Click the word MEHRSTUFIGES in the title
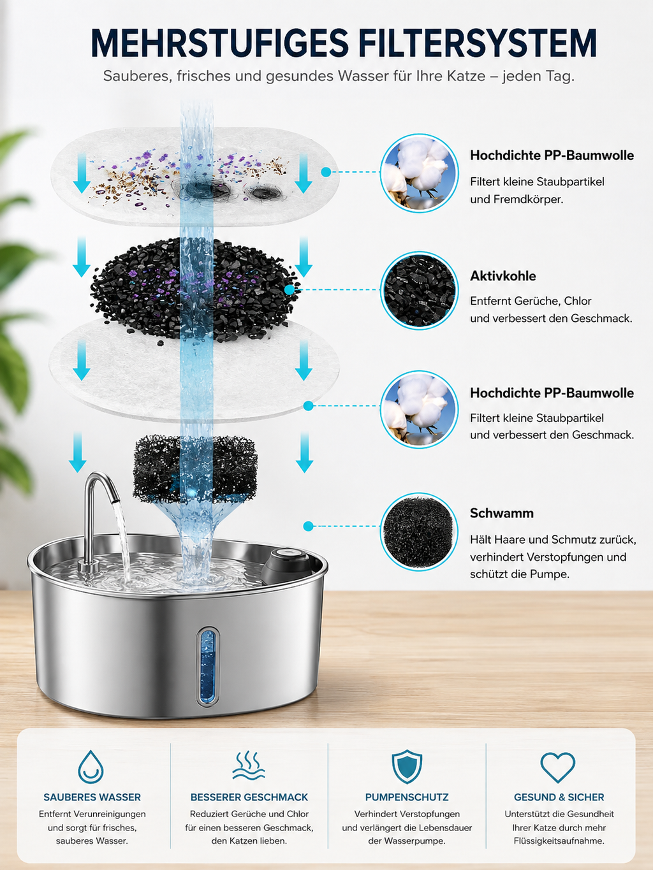click(x=219, y=43)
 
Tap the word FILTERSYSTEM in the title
click(x=478, y=43)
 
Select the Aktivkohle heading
click(x=503, y=276)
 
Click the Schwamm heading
click(x=501, y=513)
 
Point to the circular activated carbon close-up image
click(x=419, y=290)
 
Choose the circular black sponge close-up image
click(x=419, y=532)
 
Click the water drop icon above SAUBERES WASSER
click(x=91, y=767)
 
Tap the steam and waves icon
click(x=249, y=765)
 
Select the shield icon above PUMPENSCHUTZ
click(x=407, y=767)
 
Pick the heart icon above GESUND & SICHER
click(x=557, y=767)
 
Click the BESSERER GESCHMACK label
click(x=249, y=797)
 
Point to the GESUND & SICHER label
click(x=559, y=797)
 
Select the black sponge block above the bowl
click(x=194, y=468)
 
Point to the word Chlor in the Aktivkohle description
click(x=577, y=301)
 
